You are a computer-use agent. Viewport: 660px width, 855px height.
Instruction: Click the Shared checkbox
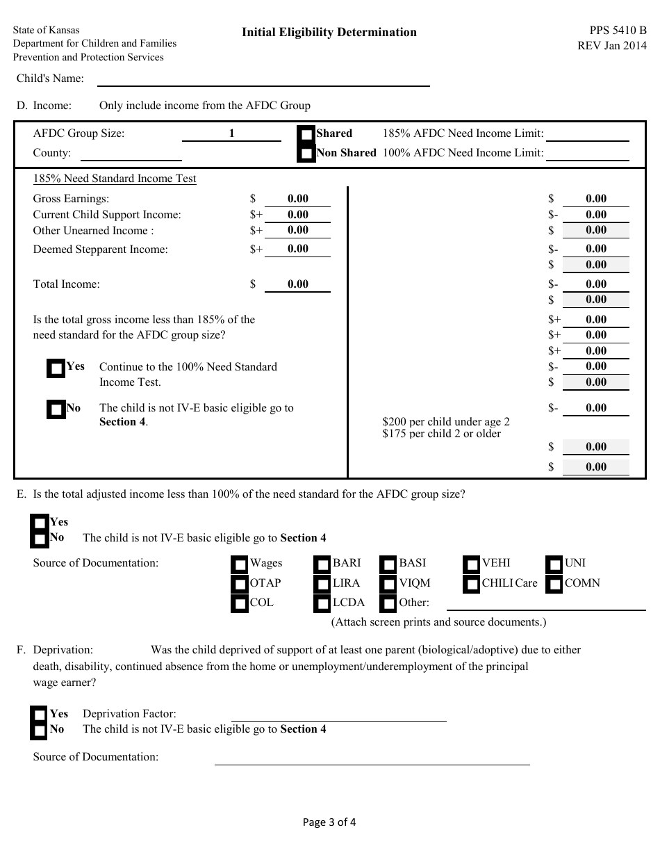306,134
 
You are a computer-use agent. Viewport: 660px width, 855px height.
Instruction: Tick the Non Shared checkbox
306,153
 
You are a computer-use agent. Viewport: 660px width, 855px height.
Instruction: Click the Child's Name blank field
263,79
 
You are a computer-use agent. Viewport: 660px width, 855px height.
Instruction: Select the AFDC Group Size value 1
232,133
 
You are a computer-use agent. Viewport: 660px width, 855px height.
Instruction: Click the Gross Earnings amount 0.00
297,199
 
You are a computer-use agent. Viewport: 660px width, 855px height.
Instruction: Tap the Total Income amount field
297,284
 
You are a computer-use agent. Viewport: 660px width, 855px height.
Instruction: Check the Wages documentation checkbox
240,564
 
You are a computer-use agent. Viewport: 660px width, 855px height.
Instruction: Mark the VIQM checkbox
389,584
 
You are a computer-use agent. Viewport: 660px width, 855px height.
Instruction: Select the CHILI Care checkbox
472,584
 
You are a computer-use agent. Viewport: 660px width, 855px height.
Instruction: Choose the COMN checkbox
554,584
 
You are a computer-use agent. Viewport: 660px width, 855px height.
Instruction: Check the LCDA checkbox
322,603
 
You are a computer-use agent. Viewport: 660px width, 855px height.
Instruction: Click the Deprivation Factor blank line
338,714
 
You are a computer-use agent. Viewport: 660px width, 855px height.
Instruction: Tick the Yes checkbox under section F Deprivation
40,715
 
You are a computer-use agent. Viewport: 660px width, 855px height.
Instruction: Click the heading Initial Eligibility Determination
329,32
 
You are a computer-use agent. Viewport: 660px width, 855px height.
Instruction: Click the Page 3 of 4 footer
329,822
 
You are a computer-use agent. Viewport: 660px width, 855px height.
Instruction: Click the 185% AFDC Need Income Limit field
587,133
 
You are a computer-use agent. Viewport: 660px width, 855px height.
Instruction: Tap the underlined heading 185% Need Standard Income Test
115,179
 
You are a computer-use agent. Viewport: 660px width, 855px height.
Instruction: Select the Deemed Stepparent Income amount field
297,249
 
